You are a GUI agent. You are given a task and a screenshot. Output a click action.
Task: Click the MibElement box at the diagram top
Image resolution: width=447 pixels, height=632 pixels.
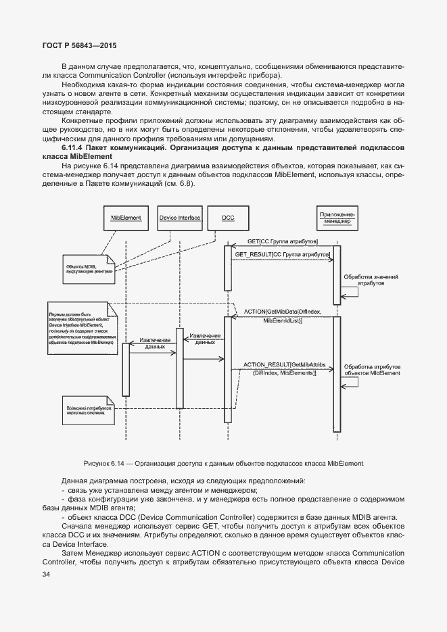(x=126, y=218)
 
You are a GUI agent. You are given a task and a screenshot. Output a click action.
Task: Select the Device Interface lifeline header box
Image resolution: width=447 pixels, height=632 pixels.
(x=179, y=218)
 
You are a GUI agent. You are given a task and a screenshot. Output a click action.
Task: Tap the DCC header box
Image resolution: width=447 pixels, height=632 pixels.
(x=228, y=218)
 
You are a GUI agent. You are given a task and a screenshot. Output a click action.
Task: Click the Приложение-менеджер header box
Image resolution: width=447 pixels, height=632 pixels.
(x=337, y=217)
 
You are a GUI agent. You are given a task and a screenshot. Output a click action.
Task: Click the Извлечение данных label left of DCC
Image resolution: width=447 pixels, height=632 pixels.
(x=205, y=339)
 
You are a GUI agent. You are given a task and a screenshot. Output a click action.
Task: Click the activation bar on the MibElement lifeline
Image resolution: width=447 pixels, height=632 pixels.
(x=126, y=368)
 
